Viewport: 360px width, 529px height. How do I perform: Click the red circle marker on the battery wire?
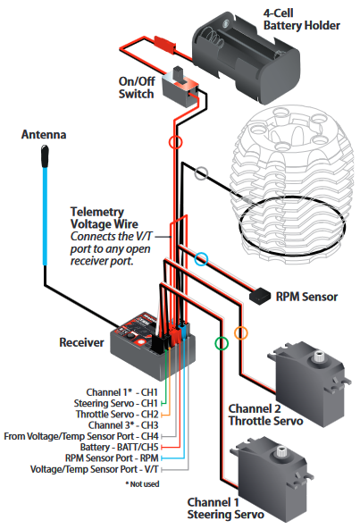[175, 136]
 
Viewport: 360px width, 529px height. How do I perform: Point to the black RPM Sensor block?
[260, 296]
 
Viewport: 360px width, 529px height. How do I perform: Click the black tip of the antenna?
[45, 155]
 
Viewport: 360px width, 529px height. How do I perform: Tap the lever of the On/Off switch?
[178, 74]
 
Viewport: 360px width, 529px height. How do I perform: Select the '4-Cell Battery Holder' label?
[302, 20]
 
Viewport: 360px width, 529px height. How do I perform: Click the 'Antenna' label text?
[44, 135]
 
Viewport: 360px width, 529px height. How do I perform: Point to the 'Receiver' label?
[81, 342]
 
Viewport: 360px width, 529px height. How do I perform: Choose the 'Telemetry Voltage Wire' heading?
[105, 218]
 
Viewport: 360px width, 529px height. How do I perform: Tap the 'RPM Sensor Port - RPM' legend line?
[112, 458]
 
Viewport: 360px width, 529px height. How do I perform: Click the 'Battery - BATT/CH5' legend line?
[119, 447]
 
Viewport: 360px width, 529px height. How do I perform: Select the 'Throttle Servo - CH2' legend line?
[117, 414]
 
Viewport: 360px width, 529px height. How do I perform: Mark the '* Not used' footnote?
[142, 484]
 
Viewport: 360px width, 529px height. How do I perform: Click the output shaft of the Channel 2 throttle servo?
[319, 356]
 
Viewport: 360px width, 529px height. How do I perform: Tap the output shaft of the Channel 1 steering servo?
[281, 451]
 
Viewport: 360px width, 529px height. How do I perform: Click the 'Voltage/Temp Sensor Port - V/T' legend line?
[95, 469]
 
